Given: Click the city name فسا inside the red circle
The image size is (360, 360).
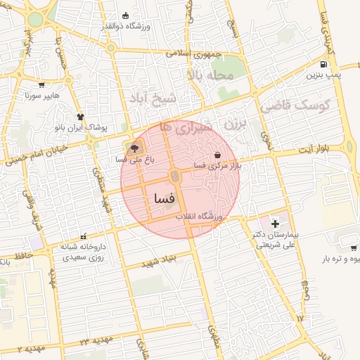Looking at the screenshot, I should (x=160, y=199).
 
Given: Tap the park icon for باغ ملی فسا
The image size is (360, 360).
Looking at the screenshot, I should (x=134, y=148).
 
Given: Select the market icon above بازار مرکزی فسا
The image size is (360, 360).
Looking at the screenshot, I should (x=217, y=155).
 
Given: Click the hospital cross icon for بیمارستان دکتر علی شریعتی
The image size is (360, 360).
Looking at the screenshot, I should (x=275, y=223).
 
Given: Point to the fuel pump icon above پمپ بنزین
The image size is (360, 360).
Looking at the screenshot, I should (x=312, y=64).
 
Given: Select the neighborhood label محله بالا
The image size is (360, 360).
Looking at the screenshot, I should (x=210, y=75).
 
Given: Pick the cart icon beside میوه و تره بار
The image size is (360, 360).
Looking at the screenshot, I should (x=354, y=247).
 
